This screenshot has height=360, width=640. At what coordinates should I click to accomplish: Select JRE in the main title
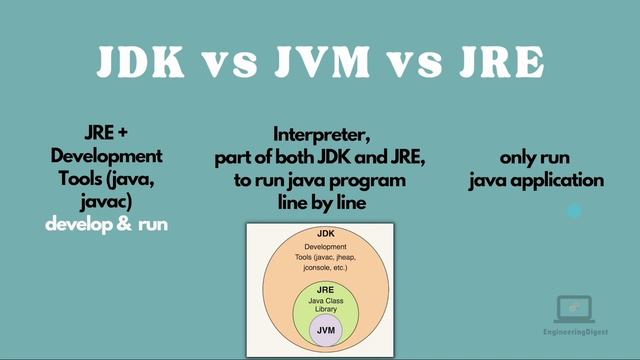(497, 62)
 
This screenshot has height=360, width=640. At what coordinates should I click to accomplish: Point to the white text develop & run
(106, 223)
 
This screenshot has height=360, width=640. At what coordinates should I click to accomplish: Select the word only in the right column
(520, 158)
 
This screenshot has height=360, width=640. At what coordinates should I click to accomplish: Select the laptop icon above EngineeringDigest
(573, 307)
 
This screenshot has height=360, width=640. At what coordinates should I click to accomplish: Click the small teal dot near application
(574, 211)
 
